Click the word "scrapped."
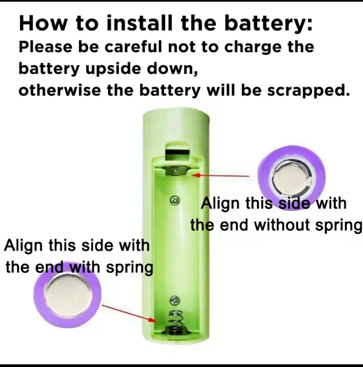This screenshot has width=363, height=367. coord(309,91)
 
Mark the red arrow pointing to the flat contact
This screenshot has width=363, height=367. coord(220,175)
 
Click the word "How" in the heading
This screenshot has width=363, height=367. coord(43,23)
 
